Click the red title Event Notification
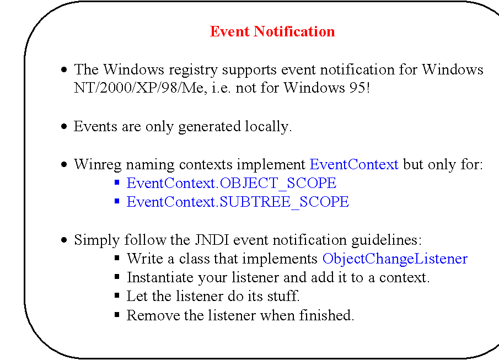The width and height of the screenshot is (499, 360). [x=272, y=31]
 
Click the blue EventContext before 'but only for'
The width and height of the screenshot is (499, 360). [x=354, y=164]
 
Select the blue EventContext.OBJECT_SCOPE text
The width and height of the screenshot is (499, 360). [x=231, y=183]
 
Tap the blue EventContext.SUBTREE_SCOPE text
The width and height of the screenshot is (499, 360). [x=238, y=202]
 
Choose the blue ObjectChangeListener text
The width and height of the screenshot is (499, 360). [x=395, y=259]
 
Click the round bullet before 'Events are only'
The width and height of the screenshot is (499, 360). [x=65, y=127]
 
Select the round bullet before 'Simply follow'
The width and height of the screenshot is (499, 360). [x=65, y=241]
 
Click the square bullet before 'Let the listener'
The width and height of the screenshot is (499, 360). [x=117, y=296]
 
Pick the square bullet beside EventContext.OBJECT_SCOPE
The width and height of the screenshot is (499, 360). [x=117, y=183]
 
